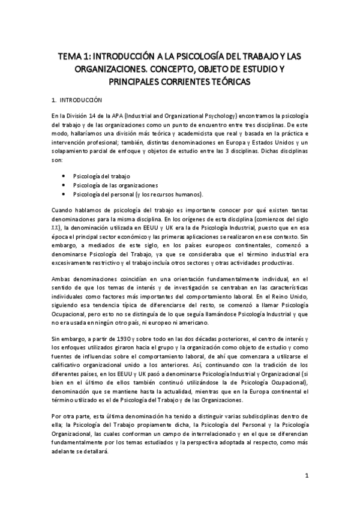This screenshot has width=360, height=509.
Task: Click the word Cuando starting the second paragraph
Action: [63, 209]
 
